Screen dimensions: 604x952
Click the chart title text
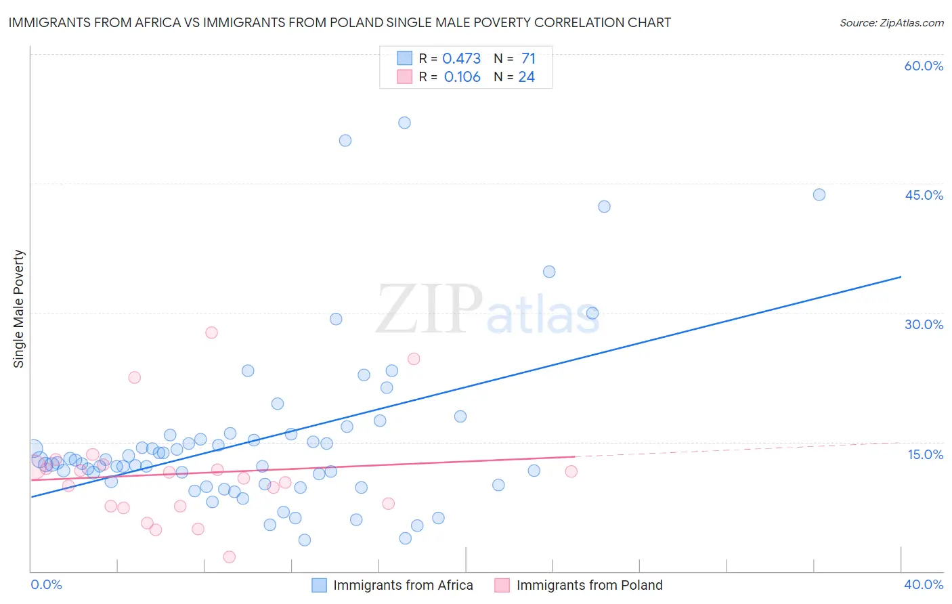[339, 22]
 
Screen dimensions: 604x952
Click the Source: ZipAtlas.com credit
[891, 22]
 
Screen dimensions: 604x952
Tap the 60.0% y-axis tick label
[924, 66]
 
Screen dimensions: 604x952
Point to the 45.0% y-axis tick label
[924, 195]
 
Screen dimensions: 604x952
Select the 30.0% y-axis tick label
[924, 324]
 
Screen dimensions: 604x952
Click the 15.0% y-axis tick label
[925, 454]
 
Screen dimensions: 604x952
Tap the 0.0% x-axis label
[46, 584]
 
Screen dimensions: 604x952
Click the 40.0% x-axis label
[924, 584]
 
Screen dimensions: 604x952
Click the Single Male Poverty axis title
[19, 309]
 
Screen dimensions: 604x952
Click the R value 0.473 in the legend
[461, 59]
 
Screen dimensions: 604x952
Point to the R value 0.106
[462, 77]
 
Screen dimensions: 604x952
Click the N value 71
[528, 59]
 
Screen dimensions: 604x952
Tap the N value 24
[526, 77]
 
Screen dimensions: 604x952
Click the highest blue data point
[404, 123]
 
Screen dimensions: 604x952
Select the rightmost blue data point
[819, 194]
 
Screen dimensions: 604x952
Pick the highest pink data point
[211, 332]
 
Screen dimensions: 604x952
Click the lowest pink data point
[229, 557]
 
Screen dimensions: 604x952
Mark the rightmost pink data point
[571, 471]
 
